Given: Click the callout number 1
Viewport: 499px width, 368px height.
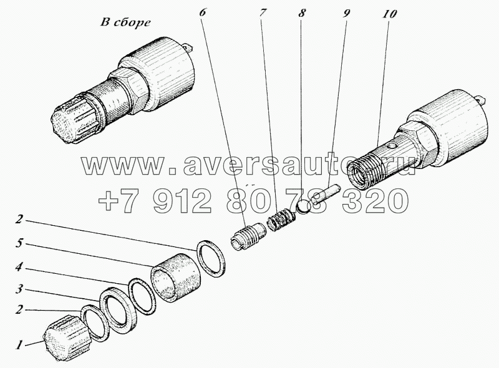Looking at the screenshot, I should point(19,342).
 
